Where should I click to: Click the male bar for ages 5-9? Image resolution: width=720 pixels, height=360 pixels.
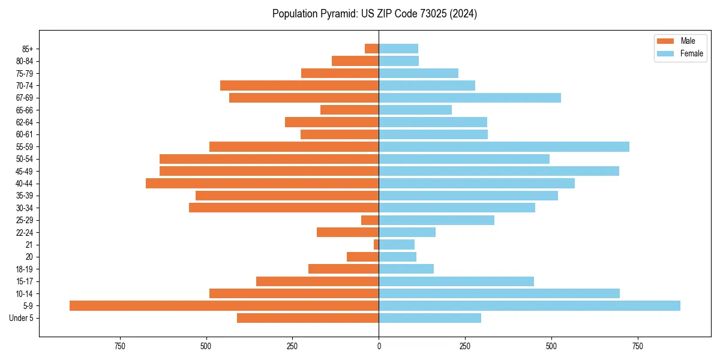[224, 305]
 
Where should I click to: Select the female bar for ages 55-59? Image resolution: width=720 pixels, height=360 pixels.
[504, 146]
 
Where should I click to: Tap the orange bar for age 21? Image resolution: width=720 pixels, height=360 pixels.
[376, 244]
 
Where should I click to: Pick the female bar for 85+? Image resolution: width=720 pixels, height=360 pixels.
[398, 49]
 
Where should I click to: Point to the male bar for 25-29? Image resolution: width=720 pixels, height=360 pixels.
[370, 220]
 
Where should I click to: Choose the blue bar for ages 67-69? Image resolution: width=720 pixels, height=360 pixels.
[470, 98]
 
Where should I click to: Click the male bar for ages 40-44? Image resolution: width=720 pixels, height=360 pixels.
[262, 183]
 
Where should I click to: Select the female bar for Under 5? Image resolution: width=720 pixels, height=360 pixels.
[430, 318]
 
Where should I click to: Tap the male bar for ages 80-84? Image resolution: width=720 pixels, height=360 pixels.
[355, 61]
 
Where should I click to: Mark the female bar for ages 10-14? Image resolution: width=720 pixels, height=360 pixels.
[499, 293]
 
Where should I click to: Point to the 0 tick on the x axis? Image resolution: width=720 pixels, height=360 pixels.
[379, 346]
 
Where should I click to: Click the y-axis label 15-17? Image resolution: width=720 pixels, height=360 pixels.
[25, 281]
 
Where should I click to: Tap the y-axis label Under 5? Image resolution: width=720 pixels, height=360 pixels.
[22, 318]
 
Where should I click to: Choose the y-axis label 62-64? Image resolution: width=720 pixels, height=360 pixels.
[25, 122]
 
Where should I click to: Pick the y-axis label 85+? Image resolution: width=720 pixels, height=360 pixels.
[28, 49]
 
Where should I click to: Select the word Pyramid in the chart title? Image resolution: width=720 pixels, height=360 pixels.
[338, 13]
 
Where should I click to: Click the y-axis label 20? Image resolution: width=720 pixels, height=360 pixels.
[30, 257]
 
